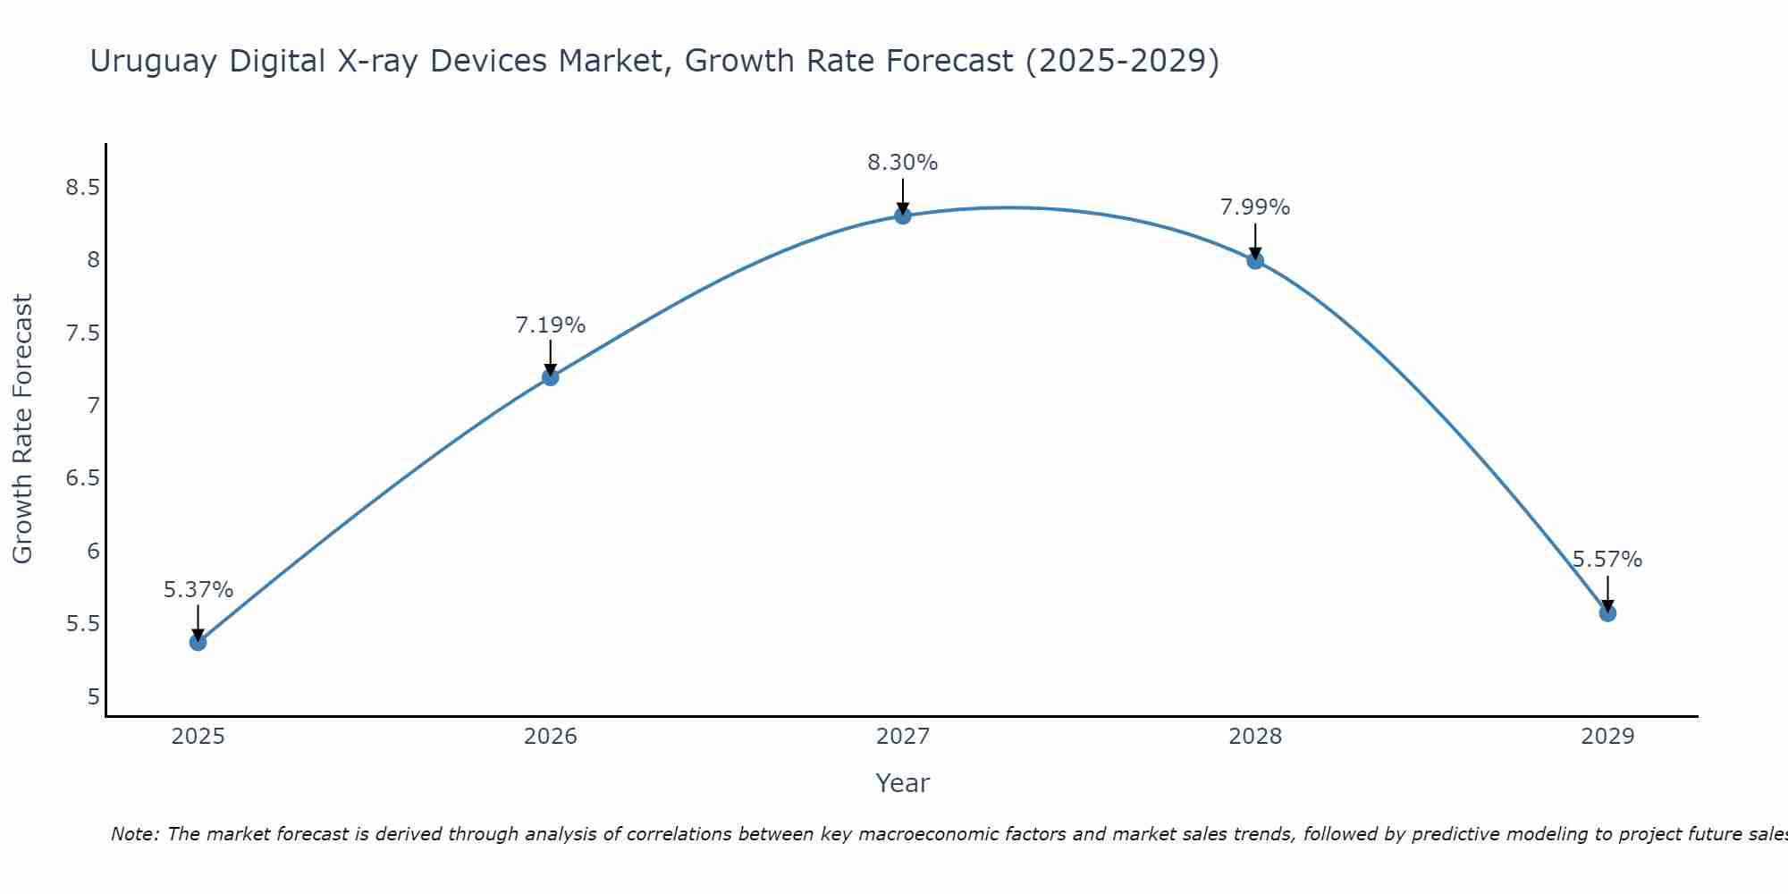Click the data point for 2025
(x=198, y=642)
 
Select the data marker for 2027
(x=903, y=215)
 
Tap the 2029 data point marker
(x=1607, y=613)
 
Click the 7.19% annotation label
(x=550, y=325)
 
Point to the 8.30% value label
(x=903, y=163)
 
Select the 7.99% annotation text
(x=1255, y=207)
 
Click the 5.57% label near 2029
(x=1607, y=560)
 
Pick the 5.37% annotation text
(x=198, y=590)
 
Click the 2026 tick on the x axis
(x=550, y=737)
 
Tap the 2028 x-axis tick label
(x=1255, y=737)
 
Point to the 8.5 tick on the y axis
(x=82, y=188)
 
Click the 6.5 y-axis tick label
(x=82, y=478)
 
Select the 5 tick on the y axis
(x=93, y=696)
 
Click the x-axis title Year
(x=902, y=783)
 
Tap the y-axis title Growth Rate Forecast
(x=22, y=429)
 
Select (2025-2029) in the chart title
(x=1122, y=62)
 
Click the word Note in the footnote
(x=134, y=834)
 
